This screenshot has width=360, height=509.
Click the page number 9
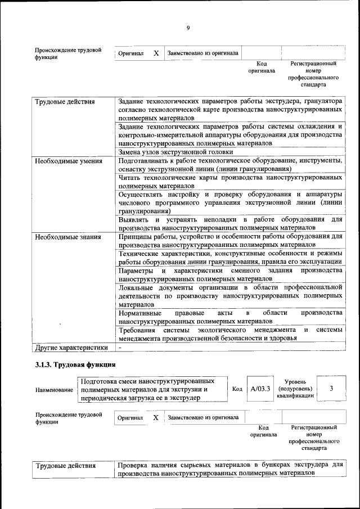pos(188,28)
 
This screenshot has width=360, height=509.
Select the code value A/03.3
pos(260,389)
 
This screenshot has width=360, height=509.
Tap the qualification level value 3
pos(331,389)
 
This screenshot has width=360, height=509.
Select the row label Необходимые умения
pos(69,161)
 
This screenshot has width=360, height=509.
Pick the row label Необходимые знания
pos(68,237)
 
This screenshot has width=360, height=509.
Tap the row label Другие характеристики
pos(71,347)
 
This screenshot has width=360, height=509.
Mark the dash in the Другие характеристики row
pos(120,347)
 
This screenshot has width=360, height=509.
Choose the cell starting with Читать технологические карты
pos(230,181)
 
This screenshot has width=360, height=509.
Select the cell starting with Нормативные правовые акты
pos(230,317)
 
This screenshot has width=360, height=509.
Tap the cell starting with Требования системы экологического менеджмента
pos(230,334)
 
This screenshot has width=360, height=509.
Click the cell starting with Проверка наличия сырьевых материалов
pos(230,470)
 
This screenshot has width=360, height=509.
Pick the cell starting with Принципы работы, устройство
pos(230,241)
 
